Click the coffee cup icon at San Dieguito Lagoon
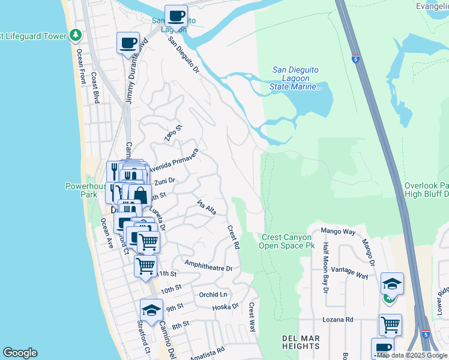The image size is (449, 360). coord(176,16)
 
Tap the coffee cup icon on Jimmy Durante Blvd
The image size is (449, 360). coord(128,43)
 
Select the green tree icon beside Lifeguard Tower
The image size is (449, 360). coord(75,35)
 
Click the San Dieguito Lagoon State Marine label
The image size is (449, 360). coord(296,78)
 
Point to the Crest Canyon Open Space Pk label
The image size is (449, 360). coord(288,241)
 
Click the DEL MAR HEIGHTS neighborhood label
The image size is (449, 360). coord(300,343)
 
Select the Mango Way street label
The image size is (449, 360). coord(339,230)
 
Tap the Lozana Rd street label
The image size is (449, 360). coord(337,320)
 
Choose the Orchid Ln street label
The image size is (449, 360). coord(213,295)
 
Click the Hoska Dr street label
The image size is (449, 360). coord(226,307)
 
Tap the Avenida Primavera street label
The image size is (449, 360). coord(173,161)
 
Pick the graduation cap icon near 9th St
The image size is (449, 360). coord(151,310)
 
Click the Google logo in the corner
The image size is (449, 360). coord(20,353)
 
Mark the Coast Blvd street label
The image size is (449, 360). coord(94,89)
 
